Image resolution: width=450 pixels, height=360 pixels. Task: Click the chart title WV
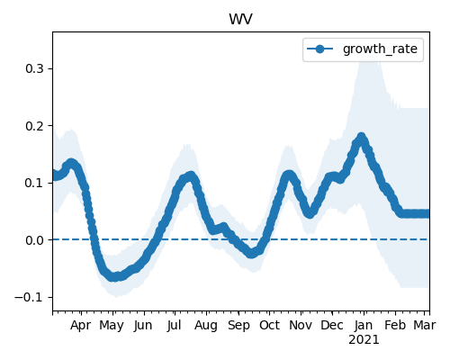click(240, 20)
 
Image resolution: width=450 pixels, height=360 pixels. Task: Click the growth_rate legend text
click(380, 49)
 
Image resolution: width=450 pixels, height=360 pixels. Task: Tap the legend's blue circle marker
click(319, 49)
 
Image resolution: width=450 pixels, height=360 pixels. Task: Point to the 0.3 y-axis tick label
click(34, 68)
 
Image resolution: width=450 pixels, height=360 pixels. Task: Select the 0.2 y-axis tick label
click(34, 126)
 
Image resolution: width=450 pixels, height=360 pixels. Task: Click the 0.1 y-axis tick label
click(34, 183)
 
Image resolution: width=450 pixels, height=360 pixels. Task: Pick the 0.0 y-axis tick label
click(34, 240)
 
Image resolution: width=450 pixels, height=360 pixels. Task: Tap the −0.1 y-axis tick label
click(29, 297)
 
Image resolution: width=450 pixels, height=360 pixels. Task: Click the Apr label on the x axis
click(81, 326)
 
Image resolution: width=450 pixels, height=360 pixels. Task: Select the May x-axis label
click(112, 326)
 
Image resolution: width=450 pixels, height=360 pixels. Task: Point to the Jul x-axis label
click(175, 325)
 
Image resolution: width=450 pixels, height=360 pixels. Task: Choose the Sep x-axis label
click(238, 326)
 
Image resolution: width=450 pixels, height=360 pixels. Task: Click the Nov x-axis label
click(301, 325)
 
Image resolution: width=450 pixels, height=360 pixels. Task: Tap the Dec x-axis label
click(332, 325)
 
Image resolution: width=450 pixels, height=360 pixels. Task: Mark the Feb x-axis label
click(395, 325)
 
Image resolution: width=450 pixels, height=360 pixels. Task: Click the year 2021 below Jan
click(364, 340)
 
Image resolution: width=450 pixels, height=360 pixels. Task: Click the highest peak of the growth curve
click(362, 138)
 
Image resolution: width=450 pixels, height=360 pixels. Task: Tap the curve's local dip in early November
click(310, 213)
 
